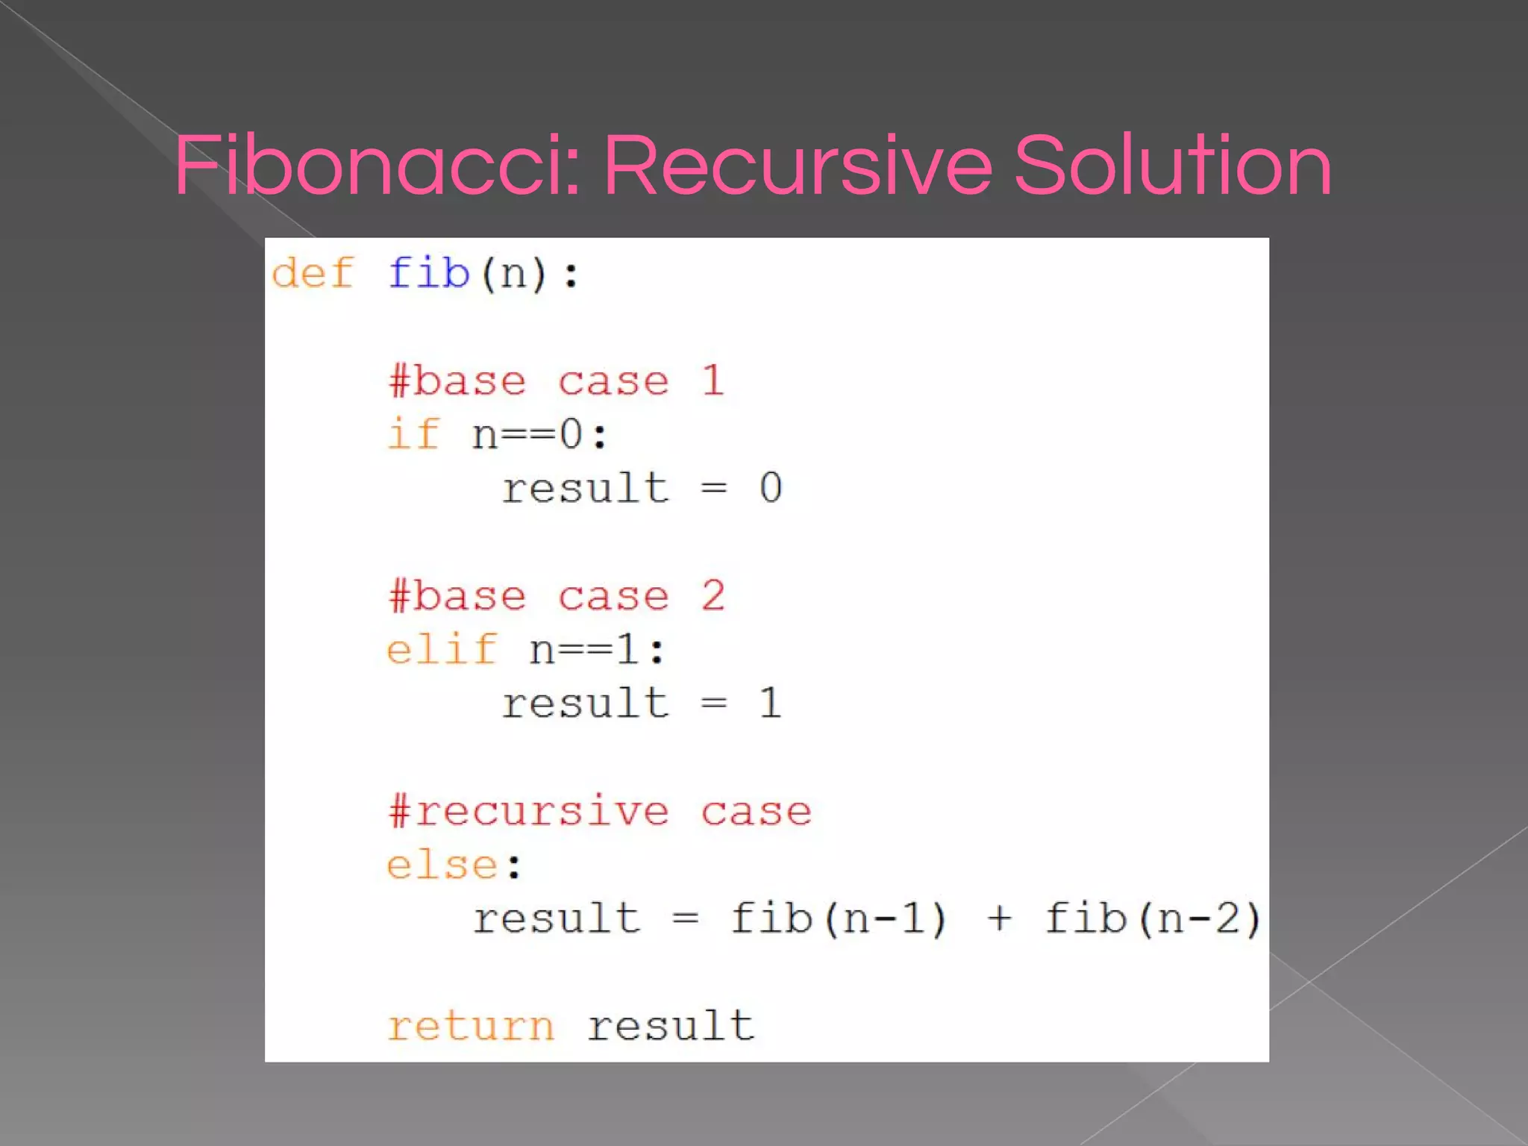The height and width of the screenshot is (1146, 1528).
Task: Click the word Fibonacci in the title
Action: click(377, 166)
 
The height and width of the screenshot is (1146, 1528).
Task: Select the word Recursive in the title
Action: click(798, 166)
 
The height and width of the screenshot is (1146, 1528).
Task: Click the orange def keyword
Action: click(312, 273)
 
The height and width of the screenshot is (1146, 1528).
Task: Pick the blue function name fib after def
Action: click(428, 273)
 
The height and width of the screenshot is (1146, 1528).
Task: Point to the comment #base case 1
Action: click(556, 381)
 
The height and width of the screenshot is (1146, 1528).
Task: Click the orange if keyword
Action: click(413, 434)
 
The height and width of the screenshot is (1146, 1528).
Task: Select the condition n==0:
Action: click(540, 434)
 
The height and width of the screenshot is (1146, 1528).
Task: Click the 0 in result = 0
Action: click(771, 489)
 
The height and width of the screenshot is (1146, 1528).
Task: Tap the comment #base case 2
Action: click(556, 596)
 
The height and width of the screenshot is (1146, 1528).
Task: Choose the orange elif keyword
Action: click(442, 649)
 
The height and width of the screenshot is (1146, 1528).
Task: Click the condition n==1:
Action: click(597, 649)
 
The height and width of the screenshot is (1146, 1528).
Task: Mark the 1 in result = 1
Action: click(771, 704)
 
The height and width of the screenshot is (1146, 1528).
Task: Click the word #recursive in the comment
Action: click(528, 811)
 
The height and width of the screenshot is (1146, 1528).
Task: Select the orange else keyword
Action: click(442, 865)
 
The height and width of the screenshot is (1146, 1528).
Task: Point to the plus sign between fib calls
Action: click(999, 918)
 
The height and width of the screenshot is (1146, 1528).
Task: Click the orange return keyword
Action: click(471, 1027)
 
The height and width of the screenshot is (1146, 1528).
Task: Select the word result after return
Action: click(670, 1027)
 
